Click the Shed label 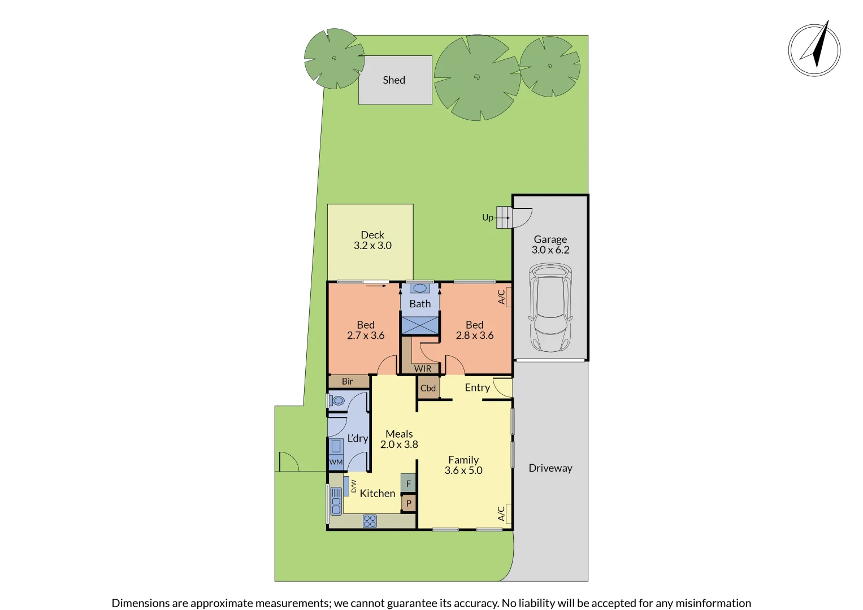[394, 80]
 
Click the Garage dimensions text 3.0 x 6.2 [550, 250]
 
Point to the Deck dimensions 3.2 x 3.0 [372, 246]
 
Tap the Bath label [420, 304]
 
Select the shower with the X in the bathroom [420, 325]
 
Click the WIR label [423, 369]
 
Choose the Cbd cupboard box [428, 388]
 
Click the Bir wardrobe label [348, 382]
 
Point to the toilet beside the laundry [337, 401]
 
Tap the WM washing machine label [336, 462]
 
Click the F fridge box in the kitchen [409, 483]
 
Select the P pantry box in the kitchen [409, 503]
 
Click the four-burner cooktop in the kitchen [370, 521]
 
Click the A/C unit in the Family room [509, 513]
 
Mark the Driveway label [550, 468]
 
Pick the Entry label [477, 387]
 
